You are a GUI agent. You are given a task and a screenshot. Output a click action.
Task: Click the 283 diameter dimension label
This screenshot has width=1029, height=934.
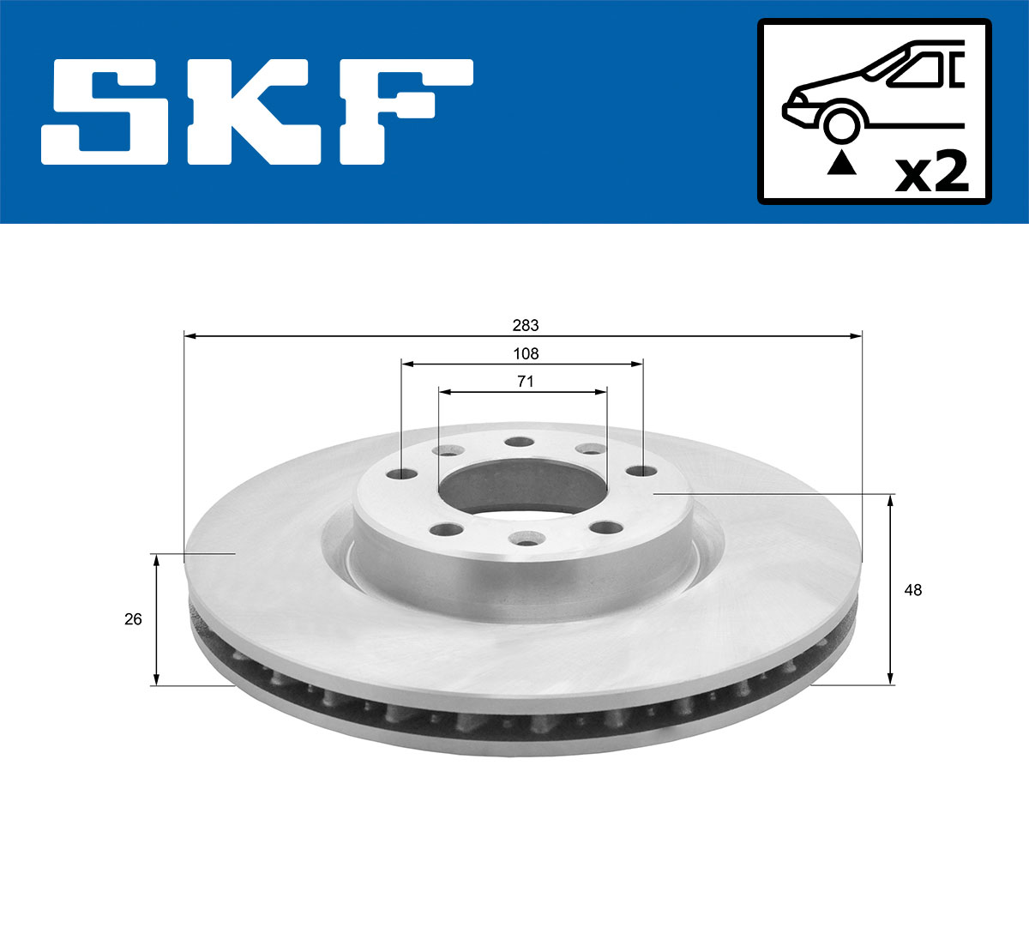point(526,325)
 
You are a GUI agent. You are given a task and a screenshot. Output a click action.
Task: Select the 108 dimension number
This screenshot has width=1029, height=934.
point(526,353)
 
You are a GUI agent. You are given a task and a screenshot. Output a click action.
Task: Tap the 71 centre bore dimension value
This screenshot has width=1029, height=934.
point(526,382)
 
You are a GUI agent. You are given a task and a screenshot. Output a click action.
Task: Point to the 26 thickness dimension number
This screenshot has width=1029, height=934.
point(133,618)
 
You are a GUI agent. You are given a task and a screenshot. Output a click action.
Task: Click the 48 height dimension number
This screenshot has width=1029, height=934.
point(913,590)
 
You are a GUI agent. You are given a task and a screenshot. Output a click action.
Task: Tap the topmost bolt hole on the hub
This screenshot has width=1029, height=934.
point(519,443)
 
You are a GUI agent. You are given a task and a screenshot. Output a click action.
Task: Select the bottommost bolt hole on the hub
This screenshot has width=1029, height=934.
point(523,539)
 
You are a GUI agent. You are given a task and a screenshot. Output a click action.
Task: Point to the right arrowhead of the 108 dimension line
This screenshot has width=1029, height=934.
point(637,365)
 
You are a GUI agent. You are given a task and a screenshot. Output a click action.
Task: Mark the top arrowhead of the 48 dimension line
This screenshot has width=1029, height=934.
point(891,500)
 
